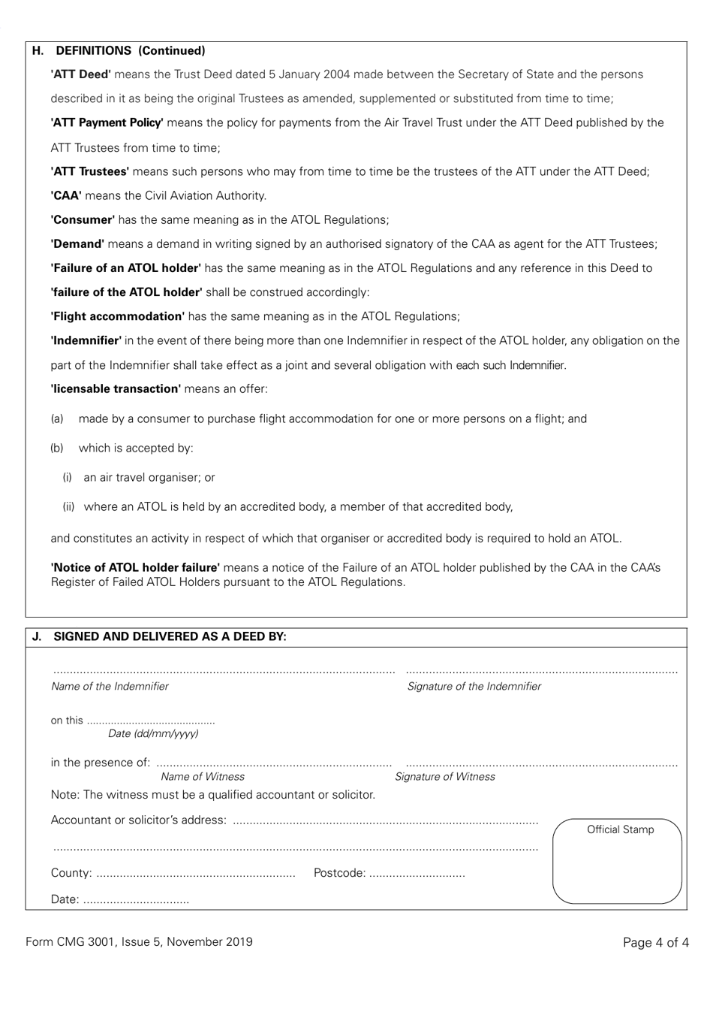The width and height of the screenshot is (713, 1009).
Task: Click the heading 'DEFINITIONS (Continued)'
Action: coord(130,51)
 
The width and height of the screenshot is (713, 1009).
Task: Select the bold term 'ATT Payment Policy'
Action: coord(107,122)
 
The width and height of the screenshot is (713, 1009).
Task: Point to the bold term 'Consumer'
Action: coord(83,220)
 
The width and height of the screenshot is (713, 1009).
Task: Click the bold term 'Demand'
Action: coord(77,244)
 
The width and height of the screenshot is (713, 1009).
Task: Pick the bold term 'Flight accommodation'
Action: coord(118,316)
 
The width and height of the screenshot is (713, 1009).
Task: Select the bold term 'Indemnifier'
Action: coord(86,340)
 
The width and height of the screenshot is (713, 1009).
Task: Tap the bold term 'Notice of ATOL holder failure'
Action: coord(135,568)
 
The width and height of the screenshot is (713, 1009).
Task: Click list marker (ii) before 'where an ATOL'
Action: coord(69,507)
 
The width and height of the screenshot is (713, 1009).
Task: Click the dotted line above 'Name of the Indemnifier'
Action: coord(223,671)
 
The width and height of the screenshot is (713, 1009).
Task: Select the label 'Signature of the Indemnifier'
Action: coord(474,687)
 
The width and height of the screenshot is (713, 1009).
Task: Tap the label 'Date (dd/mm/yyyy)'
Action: coord(153,734)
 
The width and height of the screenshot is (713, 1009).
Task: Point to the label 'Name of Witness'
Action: coord(202,777)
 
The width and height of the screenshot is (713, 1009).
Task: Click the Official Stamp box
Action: coord(617,861)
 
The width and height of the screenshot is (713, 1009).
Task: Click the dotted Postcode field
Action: coord(417,875)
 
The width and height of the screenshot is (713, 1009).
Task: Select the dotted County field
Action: coord(196,875)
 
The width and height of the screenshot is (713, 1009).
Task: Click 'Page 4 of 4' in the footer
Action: coord(655,943)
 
